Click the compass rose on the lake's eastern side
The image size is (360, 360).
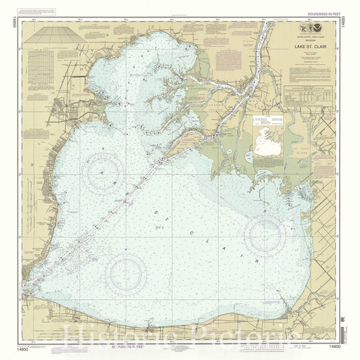point(264,234)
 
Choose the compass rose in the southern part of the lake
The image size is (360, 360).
point(126,274)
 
